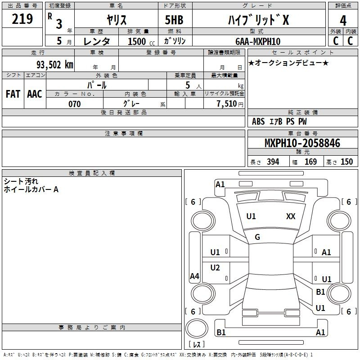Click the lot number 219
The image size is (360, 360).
[22, 19]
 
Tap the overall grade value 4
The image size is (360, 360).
[343, 20]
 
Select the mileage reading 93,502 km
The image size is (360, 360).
[54, 65]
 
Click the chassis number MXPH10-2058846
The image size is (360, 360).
[302, 143]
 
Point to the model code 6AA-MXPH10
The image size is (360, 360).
[258, 41]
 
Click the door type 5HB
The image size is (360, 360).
[174, 20]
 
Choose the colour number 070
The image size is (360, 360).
[74, 104]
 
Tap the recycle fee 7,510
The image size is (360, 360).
[227, 104]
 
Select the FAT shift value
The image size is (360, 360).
[13, 94]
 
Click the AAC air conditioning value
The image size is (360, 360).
[35, 94]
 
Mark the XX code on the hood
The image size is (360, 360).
[291, 216]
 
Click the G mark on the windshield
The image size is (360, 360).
[257, 237]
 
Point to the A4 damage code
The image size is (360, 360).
[194, 276]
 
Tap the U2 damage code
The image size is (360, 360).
[215, 267]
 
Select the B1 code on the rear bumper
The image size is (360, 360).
[221, 332]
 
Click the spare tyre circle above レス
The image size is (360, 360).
[197, 328]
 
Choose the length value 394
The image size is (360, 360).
[273, 162]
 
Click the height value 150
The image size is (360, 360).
[346, 162]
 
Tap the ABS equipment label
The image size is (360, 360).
[258, 121]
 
